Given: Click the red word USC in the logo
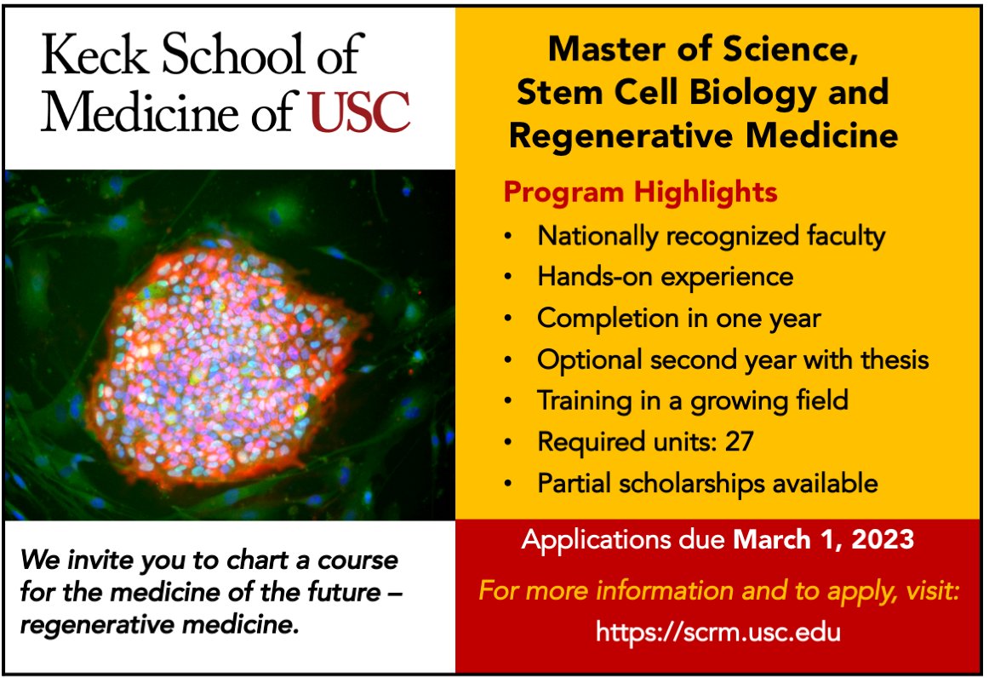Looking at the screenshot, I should pos(360,112).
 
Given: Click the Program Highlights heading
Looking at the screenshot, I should pos(640,192).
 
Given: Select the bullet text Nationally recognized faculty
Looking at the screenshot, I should pos(711,235).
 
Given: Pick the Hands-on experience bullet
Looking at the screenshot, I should pos(665,277).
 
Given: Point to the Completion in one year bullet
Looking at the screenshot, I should pos(678,319).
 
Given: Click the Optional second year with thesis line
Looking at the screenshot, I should pos(732,359).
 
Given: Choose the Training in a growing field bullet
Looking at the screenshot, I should pos(692,400).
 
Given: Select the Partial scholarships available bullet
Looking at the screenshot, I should pos(706,483).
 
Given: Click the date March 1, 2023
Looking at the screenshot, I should pos(824,540).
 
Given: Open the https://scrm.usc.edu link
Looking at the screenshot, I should pos(718,632).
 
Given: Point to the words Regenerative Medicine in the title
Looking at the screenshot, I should pos(703,135).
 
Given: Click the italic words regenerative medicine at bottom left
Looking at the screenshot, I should pos(159,626).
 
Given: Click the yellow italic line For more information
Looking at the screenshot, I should pos(718,590).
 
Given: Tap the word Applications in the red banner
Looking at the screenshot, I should pos(596,540).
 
